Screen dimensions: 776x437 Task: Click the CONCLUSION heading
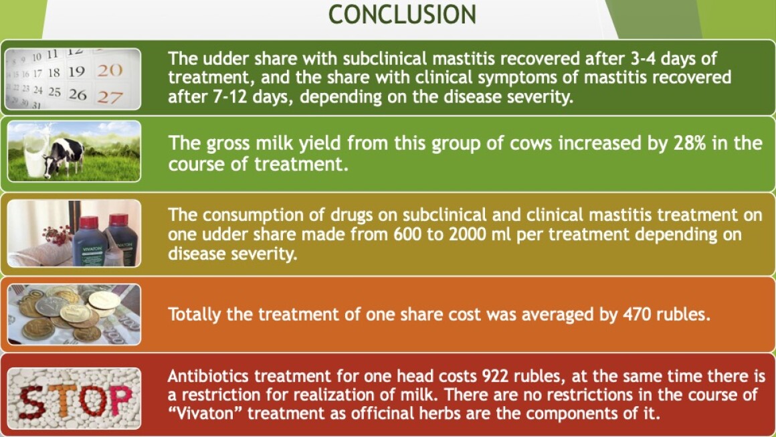[402, 14]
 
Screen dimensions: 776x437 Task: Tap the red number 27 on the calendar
[109, 96]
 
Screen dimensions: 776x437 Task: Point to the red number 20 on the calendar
[109, 70]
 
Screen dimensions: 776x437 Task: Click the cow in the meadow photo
[64, 157]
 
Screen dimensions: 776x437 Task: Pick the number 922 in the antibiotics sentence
[496, 376]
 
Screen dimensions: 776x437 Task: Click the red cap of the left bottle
[89, 222]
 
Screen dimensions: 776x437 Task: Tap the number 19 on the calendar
[76, 72]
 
